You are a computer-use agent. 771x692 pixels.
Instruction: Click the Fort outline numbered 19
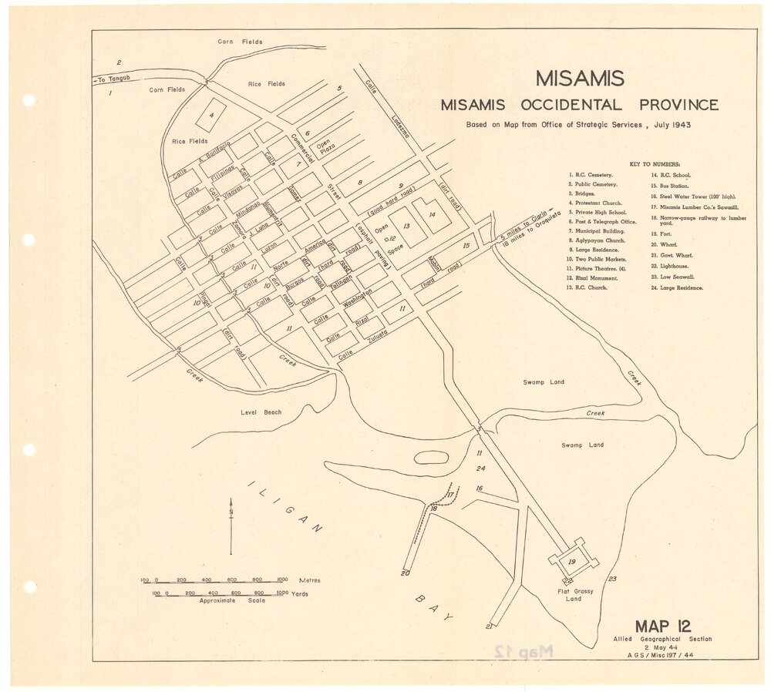click(572, 563)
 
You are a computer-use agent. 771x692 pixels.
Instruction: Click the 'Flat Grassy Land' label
click(574, 594)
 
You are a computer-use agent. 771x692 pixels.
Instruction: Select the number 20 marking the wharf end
click(405, 573)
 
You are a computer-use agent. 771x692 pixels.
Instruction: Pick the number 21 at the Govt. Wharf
click(488, 626)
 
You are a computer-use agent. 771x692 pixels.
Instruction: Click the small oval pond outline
click(432, 457)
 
